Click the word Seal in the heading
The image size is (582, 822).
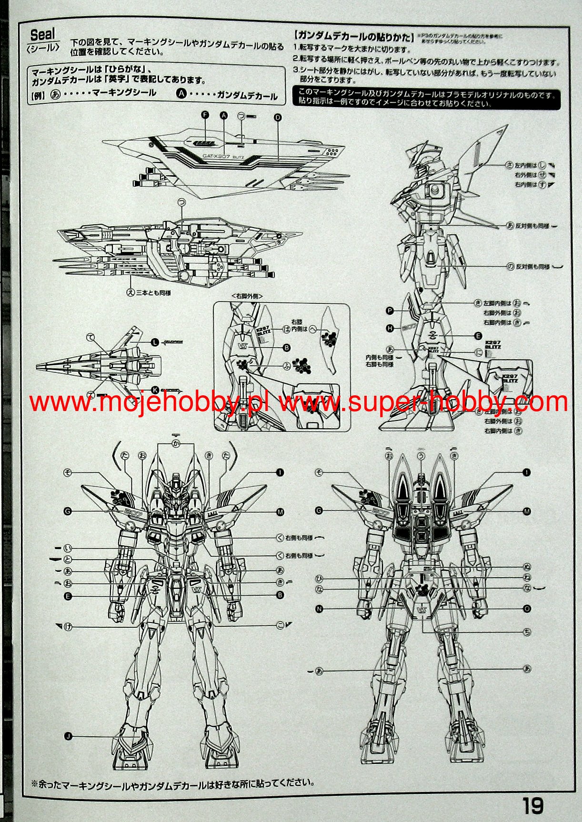(42, 34)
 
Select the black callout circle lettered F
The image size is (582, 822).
(205, 115)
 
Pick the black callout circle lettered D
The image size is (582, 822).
(278, 117)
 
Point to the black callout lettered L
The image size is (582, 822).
(155, 342)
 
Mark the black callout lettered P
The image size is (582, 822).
(390, 311)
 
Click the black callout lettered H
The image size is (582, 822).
(390, 328)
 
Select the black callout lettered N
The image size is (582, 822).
(319, 609)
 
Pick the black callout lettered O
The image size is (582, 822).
(527, 609)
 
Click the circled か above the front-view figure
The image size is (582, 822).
(176, 444)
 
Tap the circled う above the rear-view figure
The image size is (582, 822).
(421, 456)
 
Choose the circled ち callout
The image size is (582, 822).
(527, 632)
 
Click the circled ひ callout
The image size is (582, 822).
(319, 579)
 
